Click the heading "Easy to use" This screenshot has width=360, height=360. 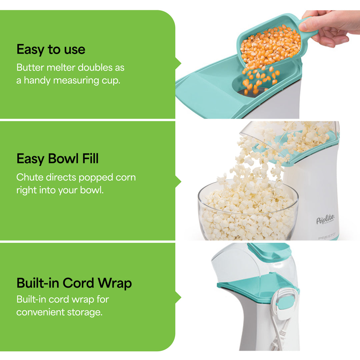click(x=51, y=50)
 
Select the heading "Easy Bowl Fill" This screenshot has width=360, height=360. click(x=57, y=159)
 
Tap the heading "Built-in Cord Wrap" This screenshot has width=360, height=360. click(x=74, y=283)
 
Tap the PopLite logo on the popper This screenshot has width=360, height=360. click(x=325, y=220)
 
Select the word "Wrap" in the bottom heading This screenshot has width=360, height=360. click(x=115, y=283)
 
